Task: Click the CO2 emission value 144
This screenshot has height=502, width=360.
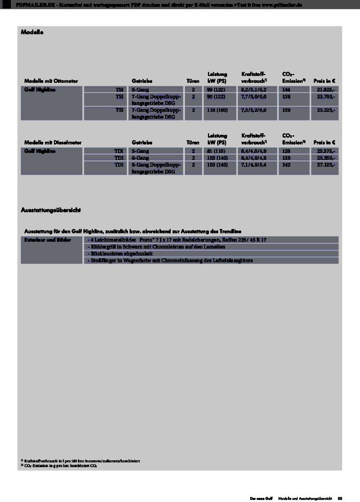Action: coord(286,90)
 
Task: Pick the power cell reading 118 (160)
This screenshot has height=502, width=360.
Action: coord(217,110)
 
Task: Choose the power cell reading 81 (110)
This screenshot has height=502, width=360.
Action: coord(216,151)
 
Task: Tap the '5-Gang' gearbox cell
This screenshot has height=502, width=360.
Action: coord(141,151)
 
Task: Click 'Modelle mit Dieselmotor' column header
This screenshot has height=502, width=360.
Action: coord(52,142)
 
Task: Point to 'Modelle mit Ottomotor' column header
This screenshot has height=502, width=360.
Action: coord(51,80)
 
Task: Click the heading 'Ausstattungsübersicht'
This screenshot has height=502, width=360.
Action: coord(51,210)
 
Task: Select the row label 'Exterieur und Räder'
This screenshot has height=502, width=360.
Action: coord(48,240)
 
